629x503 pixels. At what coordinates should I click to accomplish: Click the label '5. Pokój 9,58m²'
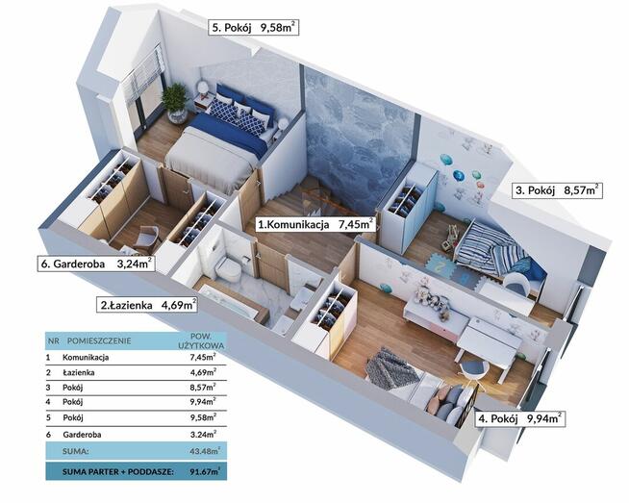pos(254,28)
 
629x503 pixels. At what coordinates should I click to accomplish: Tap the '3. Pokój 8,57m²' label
pos(558,190)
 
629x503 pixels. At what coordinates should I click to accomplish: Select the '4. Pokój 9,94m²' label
pos(520,418)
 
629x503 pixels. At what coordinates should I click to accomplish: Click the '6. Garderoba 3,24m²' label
pos(96,264)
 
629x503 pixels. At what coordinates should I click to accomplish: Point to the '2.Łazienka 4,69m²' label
pos(147,305)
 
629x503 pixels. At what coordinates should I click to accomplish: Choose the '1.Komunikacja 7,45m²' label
pos(315,224)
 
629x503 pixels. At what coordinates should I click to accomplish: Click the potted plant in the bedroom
pos(175,103)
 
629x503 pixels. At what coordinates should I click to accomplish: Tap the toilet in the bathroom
pos(229,267)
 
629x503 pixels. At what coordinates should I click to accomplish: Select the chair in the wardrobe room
pos(147,239)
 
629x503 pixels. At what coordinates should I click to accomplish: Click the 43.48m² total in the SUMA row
pos(205,450)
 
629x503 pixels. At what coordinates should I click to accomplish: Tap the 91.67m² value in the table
pos(205,471)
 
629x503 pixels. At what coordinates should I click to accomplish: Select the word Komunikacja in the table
pos(86,357)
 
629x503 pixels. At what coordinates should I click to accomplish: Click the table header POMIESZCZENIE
pos(99,341)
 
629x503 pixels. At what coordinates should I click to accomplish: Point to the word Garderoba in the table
pos(82,435)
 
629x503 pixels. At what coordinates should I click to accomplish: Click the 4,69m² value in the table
pos(203,372)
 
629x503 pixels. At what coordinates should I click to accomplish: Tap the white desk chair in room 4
pos(475,370)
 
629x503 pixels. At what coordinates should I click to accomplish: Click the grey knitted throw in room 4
pos(391,369)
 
